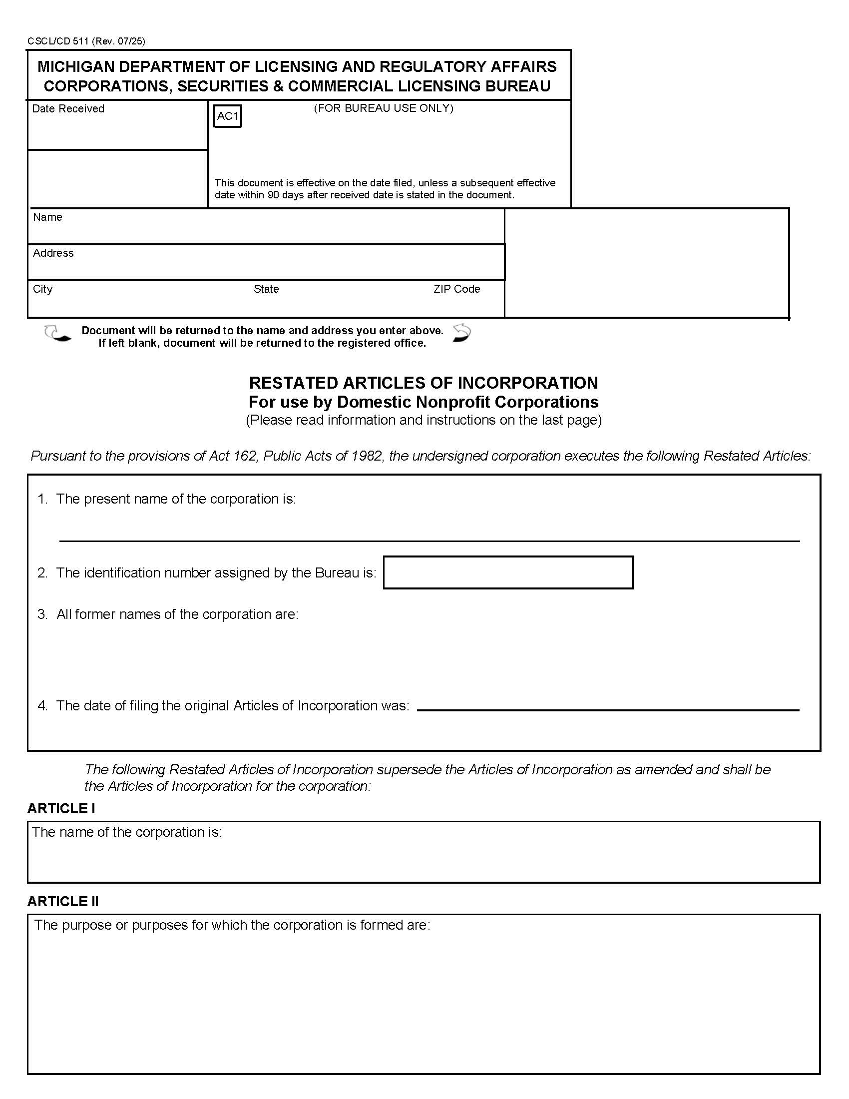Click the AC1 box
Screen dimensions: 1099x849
click(227, 116)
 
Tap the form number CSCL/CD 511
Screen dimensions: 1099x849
click(58, 41)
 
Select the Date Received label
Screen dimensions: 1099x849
click(68, 109)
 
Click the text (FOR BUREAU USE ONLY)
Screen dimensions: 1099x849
click(383, 108)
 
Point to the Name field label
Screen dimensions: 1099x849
click(47, 217)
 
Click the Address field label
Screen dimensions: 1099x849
click(53, 253)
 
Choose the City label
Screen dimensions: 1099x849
click(42, 289)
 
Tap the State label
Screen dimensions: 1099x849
click(266, 289)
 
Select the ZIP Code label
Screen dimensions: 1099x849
click(456, 289)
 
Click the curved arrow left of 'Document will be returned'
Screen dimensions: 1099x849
click(57, 333)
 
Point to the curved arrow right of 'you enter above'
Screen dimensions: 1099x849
click(462, 333)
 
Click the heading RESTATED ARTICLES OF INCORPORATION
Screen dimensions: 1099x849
click(424, 383)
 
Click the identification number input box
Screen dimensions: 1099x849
click(508, 572)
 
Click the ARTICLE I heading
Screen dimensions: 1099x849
click(61, 809)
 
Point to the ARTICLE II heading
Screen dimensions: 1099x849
click(63, 901)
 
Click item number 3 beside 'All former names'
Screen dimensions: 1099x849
click(42, 614)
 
